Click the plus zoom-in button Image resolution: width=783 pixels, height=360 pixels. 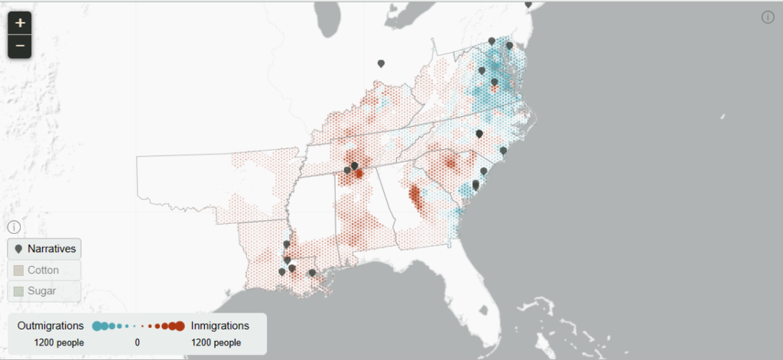click(x=20, y=23)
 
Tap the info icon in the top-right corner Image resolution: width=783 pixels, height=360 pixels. click(x=768, y=18)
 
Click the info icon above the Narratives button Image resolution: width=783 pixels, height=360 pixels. click(x=14, y=227)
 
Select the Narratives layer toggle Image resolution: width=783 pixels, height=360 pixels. click(x=44, y=248)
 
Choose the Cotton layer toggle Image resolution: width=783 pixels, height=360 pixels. click(x=44, y=270)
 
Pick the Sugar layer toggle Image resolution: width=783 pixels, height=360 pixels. click(x=44, y=291)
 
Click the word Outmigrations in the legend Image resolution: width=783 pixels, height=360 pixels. click(x=50, y=326)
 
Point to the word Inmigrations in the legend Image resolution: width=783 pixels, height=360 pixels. click(x=219, y=326)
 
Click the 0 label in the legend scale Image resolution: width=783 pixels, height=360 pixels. click(x=137, y=342)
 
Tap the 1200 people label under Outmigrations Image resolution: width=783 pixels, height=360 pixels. click(x=59, y=342)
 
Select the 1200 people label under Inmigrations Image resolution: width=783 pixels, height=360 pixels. click(x=216, y=342)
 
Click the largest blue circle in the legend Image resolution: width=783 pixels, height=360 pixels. click(x=97, y=326)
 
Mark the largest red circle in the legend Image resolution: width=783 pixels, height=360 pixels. click(x=179, y=326)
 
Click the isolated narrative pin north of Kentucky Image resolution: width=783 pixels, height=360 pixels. click(x=381, y=64)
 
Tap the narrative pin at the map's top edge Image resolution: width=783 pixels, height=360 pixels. click(x=528, y=4)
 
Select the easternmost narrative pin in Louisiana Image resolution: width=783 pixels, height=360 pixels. click(x=312, y=273)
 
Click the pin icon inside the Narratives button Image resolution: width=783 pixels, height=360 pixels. click(x=18, y=248)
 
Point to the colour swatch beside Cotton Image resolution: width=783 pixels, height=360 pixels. click(x=18, y=270)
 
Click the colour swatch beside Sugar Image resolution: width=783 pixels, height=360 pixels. click(x=18, y=291)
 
